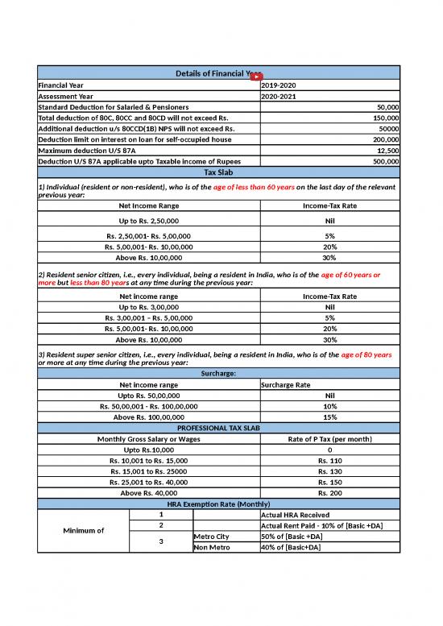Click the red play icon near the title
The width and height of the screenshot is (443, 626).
257,77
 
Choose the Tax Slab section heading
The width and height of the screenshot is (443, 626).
218,173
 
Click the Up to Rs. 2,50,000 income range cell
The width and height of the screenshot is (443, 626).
149,220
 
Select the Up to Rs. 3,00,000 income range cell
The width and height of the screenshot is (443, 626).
149,307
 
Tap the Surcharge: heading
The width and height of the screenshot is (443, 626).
218,374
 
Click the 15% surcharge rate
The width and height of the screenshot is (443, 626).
329,417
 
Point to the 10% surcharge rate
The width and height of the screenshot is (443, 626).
329,407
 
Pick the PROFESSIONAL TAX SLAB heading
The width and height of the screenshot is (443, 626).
218,428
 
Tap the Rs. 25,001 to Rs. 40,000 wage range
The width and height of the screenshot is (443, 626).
149,482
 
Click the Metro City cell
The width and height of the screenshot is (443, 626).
212,537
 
